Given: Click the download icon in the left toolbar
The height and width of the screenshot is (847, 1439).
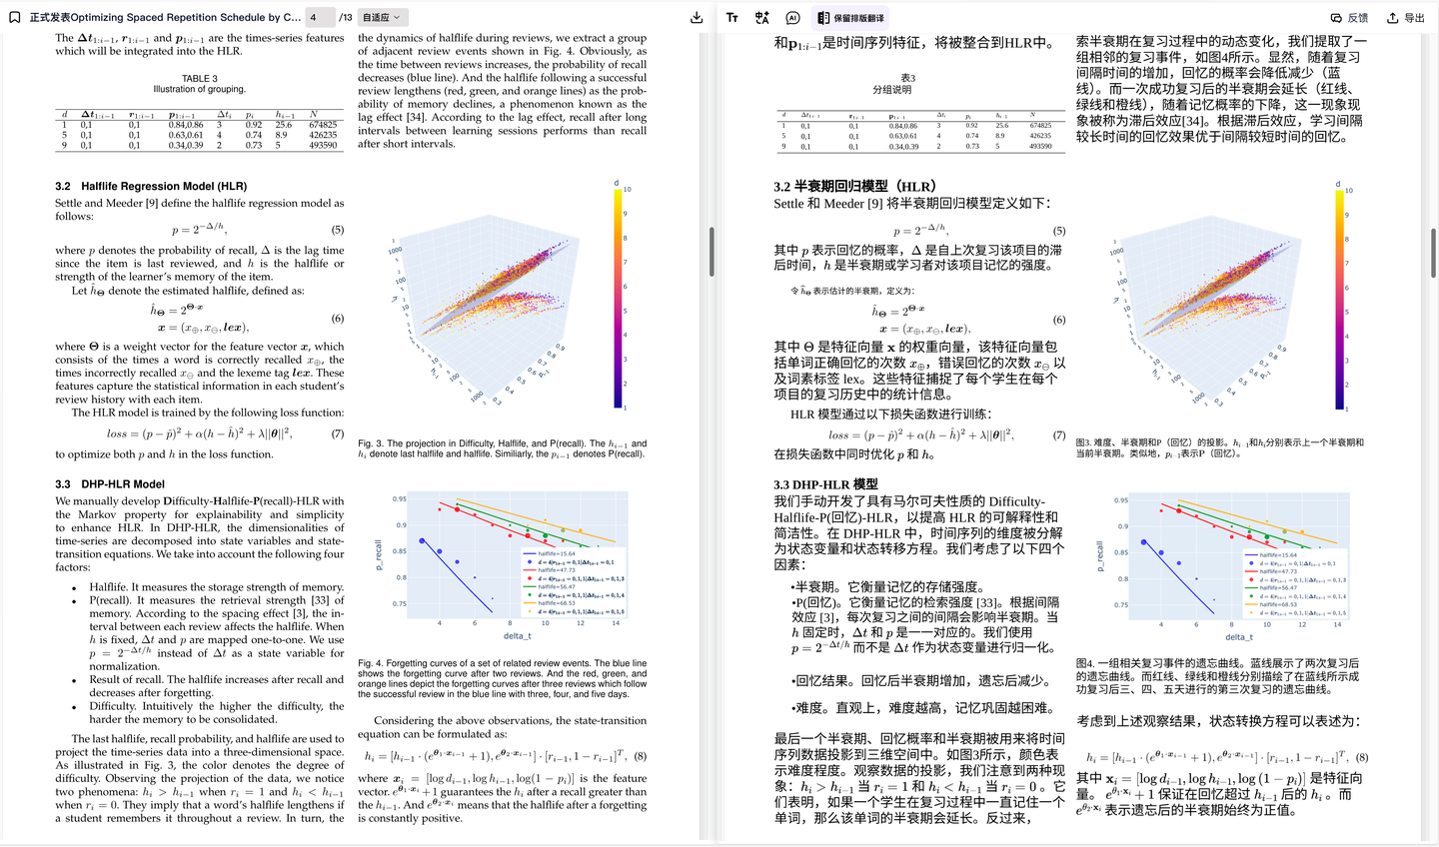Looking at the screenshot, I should [x=697, y=17].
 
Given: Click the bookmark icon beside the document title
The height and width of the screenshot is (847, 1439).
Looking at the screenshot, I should [x=15, y=17].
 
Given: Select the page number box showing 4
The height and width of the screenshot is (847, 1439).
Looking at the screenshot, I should [x=319, y=17].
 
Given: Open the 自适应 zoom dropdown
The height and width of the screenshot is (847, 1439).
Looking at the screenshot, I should [x=381, y=17].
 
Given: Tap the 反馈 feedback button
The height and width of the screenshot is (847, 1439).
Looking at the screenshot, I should [x=1349, y=17].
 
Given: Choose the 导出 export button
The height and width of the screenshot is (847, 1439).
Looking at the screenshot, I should [x=1405, y=17].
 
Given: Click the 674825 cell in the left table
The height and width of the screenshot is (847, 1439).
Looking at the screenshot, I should [x=323, y=125].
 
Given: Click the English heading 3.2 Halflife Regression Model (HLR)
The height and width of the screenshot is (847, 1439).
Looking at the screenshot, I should [x=151, y=186].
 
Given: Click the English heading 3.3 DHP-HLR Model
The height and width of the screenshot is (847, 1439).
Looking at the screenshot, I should [x=110, y=484].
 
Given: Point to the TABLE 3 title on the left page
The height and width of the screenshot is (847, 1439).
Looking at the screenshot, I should [x=199, y=78].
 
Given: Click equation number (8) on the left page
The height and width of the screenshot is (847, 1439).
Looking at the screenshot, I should [x=640, y=756].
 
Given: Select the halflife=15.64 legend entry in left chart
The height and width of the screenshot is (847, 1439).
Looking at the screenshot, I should [x=557, y=553].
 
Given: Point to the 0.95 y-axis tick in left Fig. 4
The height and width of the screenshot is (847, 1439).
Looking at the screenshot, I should [x=399, y=498].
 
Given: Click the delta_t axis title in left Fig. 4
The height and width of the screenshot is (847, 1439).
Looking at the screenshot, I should [x=517, y=635].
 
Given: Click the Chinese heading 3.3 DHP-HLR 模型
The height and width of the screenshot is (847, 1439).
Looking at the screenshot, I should [x=825, y=484].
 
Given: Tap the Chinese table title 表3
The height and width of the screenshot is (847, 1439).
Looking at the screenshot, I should [x=907, y=78].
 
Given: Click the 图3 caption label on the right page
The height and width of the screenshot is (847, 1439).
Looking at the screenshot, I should [x=1083, y=442].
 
